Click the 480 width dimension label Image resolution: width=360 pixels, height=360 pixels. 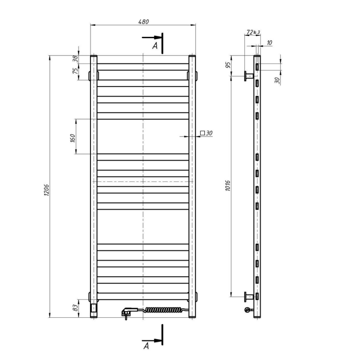click(x=143, y=22)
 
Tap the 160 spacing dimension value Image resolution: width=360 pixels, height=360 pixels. click(x=72, y=137)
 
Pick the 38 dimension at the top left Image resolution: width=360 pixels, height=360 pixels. click(x=75, y=59)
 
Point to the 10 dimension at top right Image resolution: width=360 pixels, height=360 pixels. click(x=270, y=42)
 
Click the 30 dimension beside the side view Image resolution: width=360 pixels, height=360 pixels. click(x=277, y=79)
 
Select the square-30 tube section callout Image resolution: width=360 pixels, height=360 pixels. click(x=206, y=133)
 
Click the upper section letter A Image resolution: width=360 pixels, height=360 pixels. click(x=155, y=46)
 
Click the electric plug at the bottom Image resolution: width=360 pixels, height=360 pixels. click(x=126, y=311)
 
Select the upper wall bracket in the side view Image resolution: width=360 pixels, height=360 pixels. click(x=249, y=76)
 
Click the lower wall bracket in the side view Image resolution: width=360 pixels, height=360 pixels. click(x=249, y=296)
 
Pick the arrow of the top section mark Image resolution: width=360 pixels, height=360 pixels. click(x=151, y=38)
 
